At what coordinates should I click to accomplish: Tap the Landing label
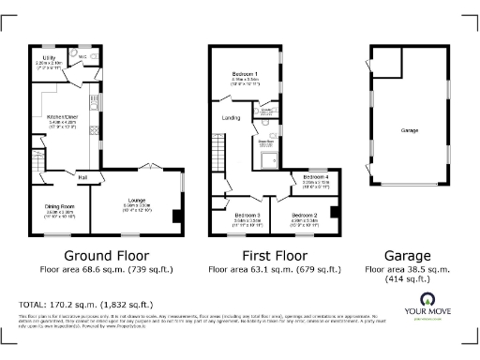coord(231,118)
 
